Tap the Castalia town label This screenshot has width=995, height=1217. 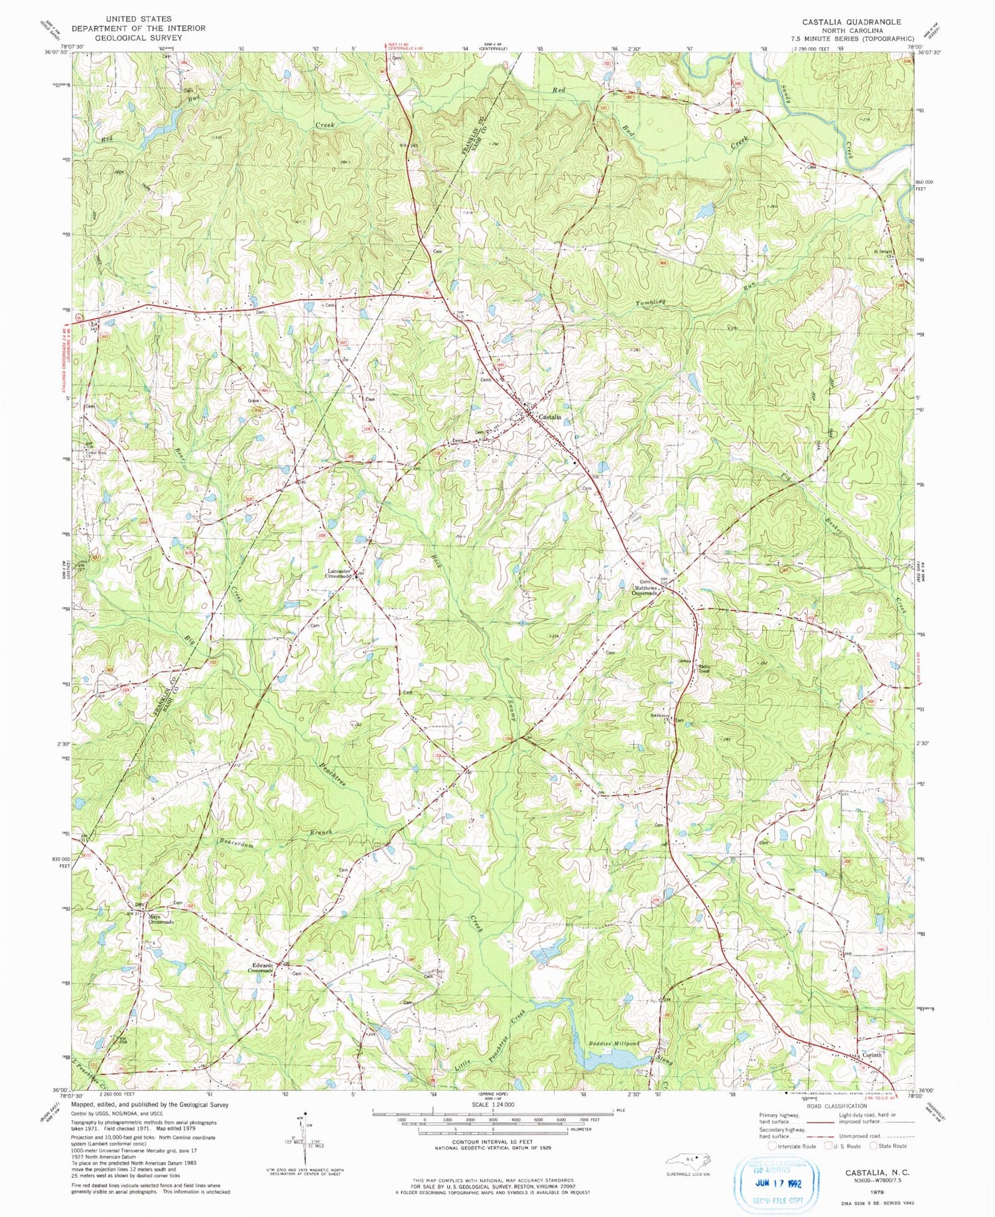coord(551,417)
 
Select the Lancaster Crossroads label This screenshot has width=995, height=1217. coord(338,574)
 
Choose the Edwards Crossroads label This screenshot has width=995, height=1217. coord(260,968)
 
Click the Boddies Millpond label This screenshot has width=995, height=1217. coord(614,1044)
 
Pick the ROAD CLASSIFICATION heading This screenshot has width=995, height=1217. coord(838,1106)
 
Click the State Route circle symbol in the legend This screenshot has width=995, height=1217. coord(874,1145)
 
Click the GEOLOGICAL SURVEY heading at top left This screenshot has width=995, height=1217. coord(139,38)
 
